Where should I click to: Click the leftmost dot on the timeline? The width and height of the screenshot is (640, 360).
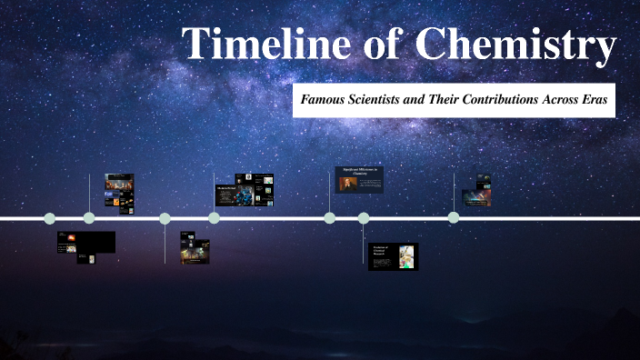coord(50,218)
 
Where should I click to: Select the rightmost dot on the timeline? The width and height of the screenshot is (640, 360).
coord(454,218)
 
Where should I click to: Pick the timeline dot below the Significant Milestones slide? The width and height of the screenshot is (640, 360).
coord(330,218)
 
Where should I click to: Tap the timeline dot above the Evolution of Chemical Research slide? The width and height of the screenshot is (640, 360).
coord(364,218)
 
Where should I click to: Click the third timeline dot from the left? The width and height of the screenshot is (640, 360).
coord(165,218)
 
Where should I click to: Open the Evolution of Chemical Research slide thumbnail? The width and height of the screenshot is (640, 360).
coord(393,256)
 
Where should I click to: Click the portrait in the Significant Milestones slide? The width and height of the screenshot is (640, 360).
coord(345,184)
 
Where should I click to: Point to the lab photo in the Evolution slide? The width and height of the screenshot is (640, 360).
coord(405,255)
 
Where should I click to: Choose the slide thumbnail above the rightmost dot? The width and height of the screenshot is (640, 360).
coord(475,192)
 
